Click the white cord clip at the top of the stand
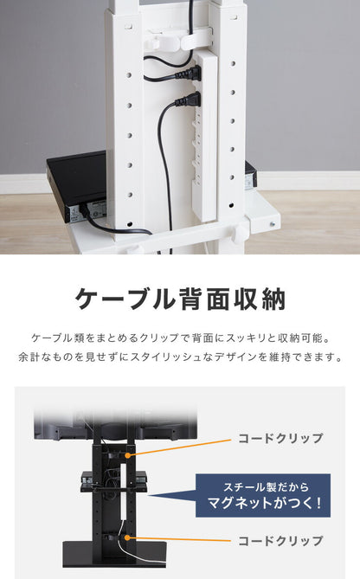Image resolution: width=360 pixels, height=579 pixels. point(165,39)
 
